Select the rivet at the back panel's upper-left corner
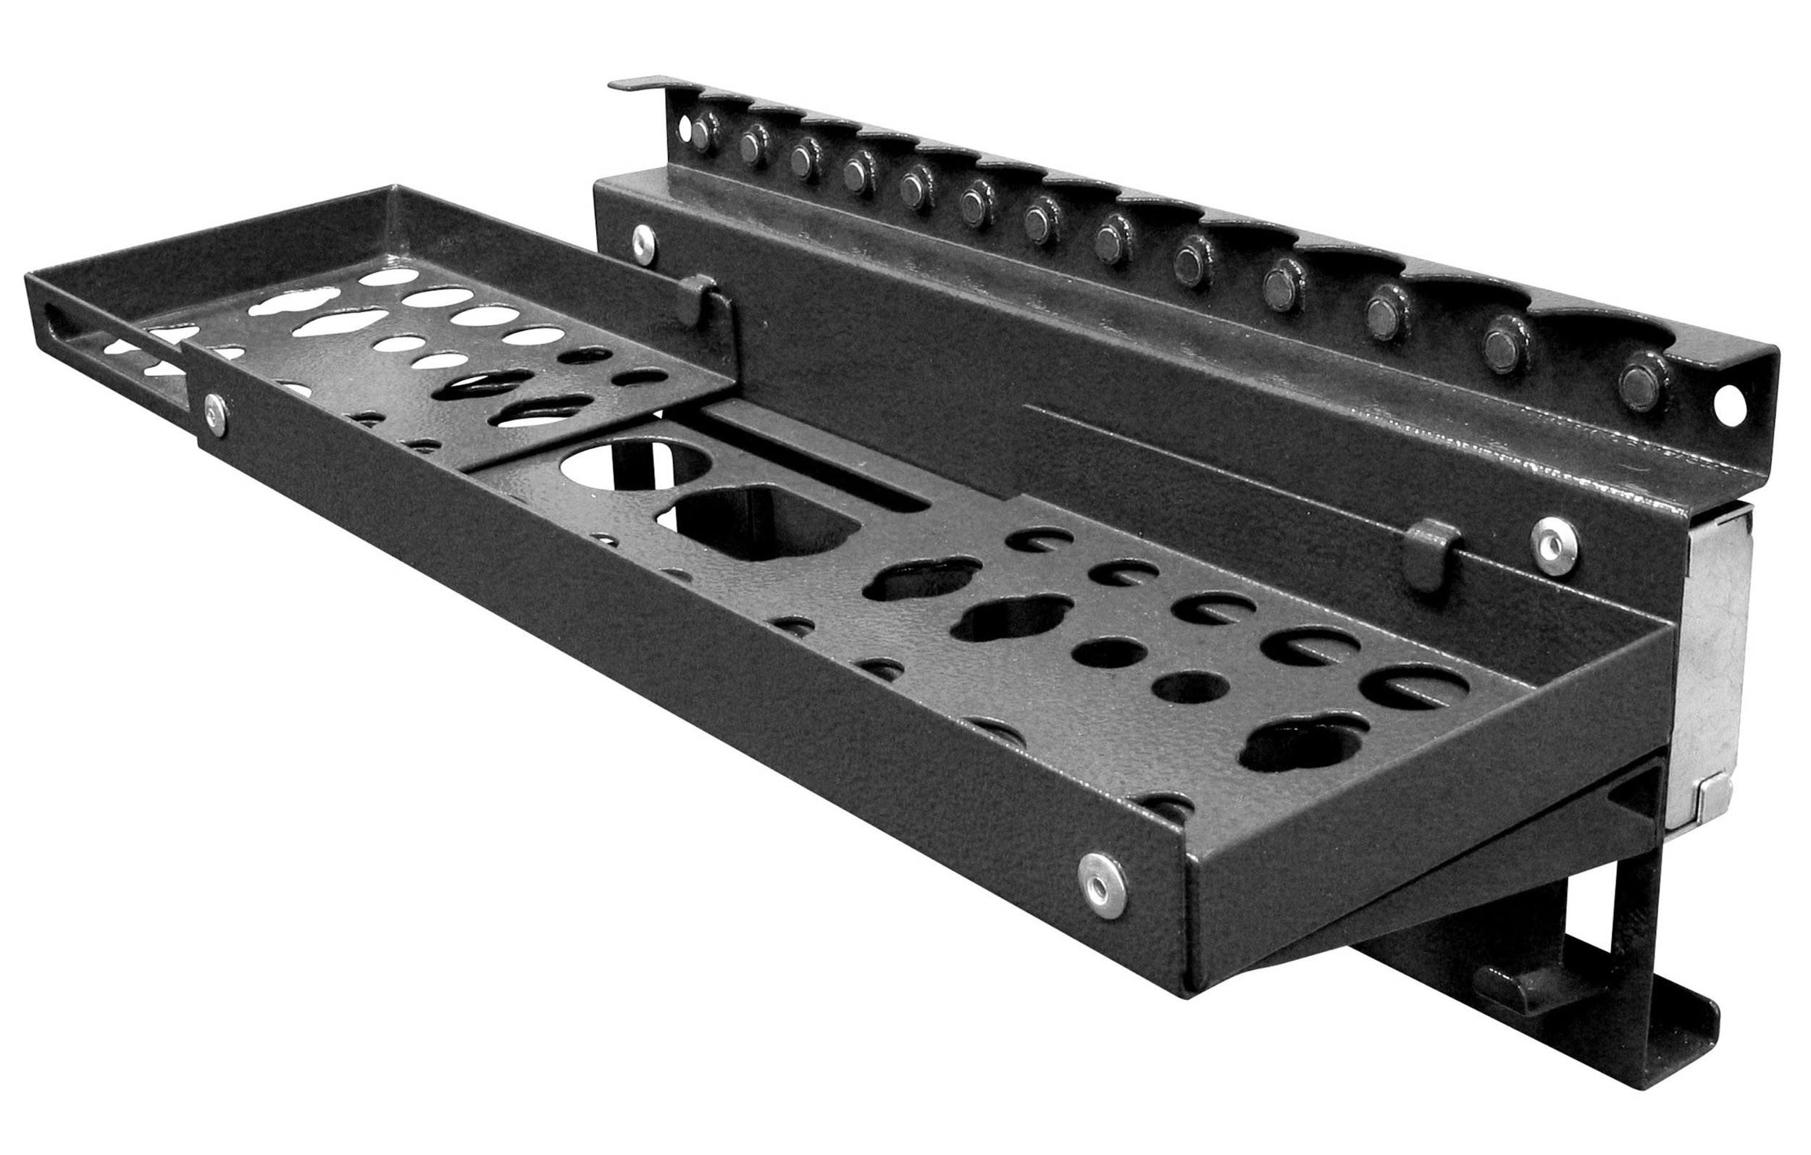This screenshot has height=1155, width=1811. pos(642,240)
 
